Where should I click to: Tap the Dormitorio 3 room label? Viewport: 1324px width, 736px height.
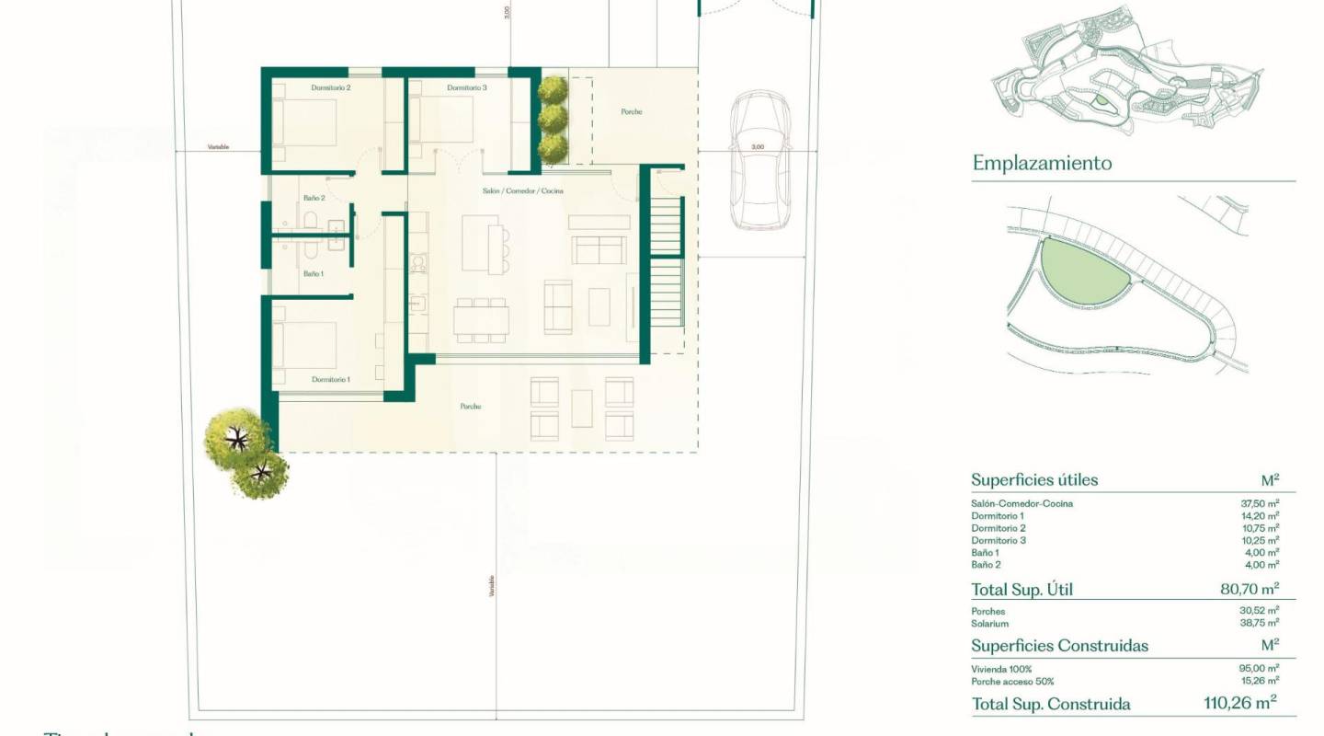pyautogui.click(x=467, y=87)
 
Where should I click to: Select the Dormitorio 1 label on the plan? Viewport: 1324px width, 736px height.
pyautogui.click(x=330, y=379)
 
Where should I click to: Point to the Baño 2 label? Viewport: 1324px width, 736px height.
pyautogui.click(x=314, y=198)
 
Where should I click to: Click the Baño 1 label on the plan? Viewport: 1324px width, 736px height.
pyautogui.click(x=314, y=273)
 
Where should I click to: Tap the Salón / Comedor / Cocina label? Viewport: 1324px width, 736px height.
pyautogui.click(x=522, y=190)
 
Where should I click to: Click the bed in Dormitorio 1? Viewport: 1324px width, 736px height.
pyautogui.click(x=304, y=343)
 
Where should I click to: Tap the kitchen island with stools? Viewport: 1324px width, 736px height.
pyautogui.click(x=482, y=242)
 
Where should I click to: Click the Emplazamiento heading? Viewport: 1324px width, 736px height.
pyautogui.click(x=1042, y=163)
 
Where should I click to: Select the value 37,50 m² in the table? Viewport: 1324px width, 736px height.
pyautogui.click(x=1260, y=503)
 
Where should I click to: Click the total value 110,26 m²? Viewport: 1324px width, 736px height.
pyautogui.click(x=1240, y=704)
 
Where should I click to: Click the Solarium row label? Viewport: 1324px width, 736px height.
pyautogui.click(x=989, y=624)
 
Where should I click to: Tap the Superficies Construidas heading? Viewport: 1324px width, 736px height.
pyautogui.click(x=1059, y=646)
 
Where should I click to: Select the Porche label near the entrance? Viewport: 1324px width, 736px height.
pyautogui.click(x=631, y=112)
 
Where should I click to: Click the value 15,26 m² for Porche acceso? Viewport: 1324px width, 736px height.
pyautogui.click(x=1260, y=682)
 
